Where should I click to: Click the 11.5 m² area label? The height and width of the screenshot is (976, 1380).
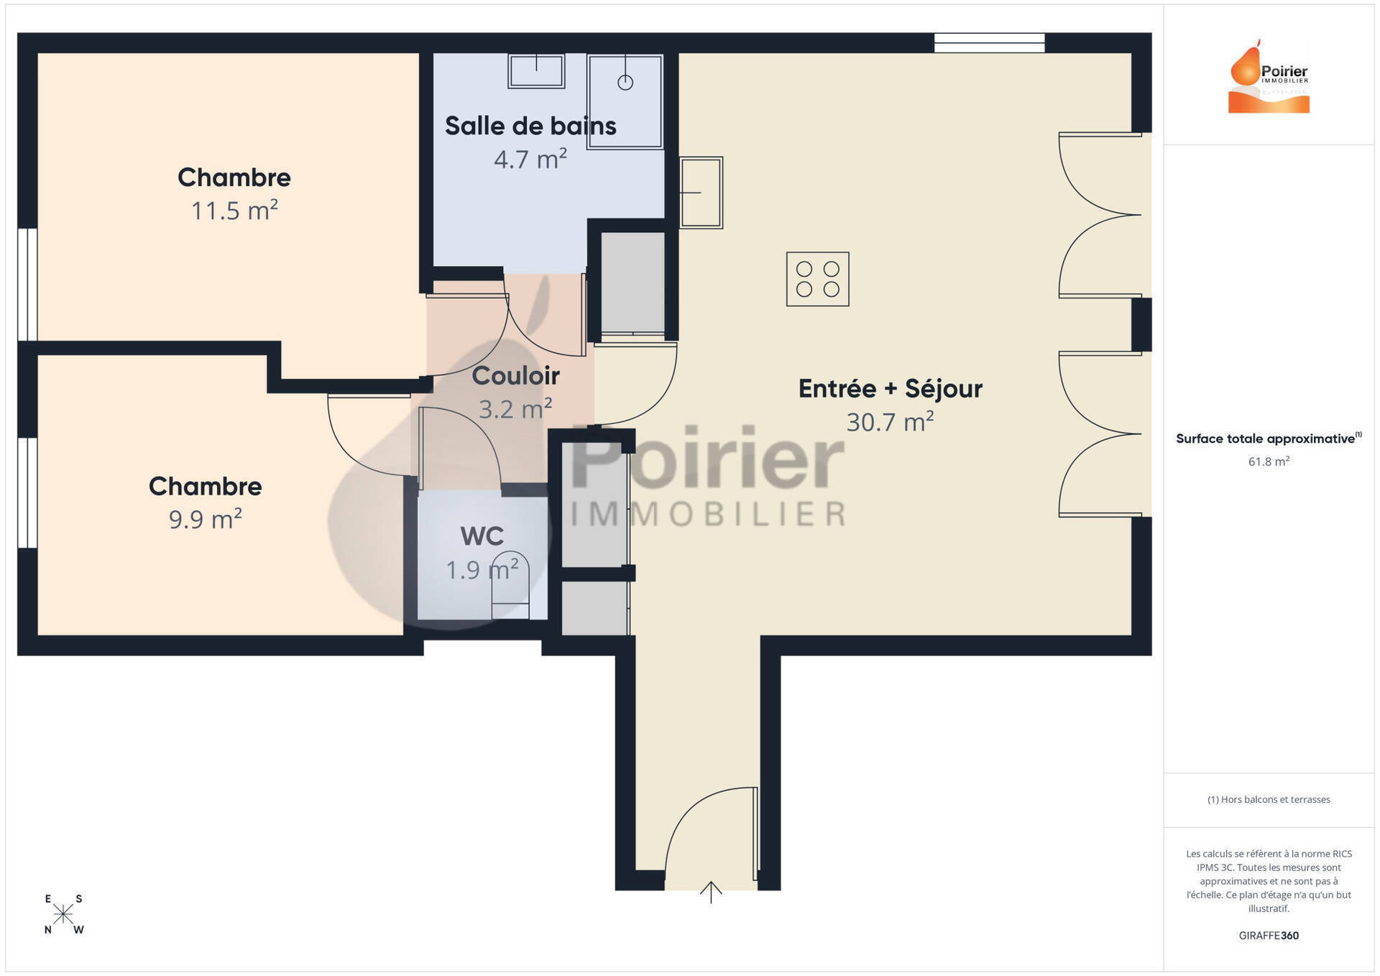pos(234,211)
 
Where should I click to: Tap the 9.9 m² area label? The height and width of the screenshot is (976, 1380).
pos(205,519)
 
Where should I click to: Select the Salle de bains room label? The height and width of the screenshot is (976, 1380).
pos(530,126)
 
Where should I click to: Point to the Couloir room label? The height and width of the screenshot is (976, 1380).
pos(515,375)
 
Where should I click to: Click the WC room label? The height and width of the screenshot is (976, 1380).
pos(482,536)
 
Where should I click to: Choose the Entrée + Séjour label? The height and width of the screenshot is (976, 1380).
pos(890,388)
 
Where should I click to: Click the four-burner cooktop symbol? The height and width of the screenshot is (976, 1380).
pos(818,279)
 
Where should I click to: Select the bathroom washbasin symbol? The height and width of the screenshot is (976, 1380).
pos(536,70)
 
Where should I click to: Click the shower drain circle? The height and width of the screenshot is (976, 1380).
pos(625,83)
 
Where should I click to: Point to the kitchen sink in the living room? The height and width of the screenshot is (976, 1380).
pos(701,193)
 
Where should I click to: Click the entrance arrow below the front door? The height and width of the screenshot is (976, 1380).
pos(711,892)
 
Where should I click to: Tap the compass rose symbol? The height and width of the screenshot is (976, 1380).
pos(63,914)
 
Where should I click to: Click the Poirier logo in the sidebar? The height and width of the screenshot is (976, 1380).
pos(1269,76)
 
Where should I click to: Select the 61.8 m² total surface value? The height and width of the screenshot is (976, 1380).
pos(1269,461)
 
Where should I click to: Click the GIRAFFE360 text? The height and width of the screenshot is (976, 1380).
pos(1269,935)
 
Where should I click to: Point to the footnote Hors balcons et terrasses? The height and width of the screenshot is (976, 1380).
pos(1269,799)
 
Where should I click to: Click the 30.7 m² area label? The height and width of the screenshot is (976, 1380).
pos(890,422)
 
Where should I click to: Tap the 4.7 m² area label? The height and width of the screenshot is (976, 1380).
pos(530,159)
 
